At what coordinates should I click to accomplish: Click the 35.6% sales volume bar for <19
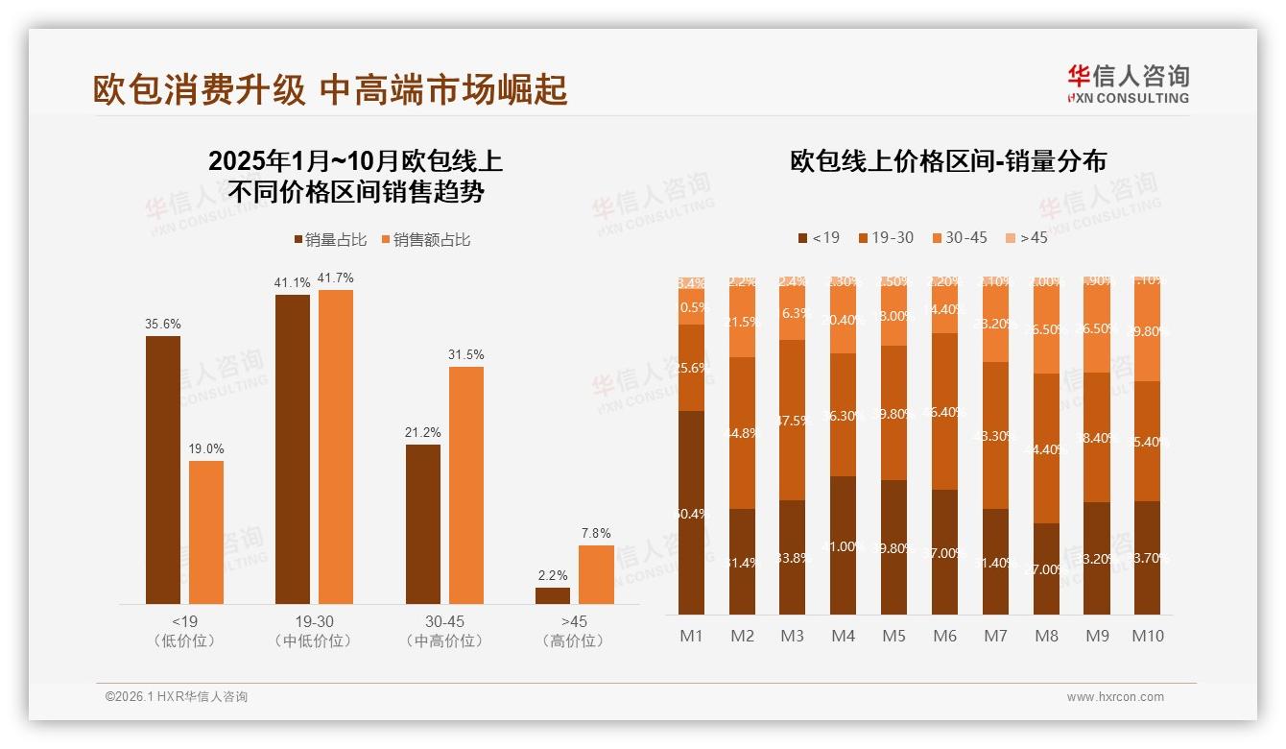click(163, 470)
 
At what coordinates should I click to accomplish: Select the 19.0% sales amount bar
click(206, 532)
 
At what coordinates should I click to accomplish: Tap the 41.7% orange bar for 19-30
click(336, 447)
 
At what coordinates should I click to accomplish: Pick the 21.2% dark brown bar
click(423, 523)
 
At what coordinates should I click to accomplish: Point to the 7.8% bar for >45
click(596, 574)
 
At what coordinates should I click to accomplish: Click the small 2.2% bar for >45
click(553, 595)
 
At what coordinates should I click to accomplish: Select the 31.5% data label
click(465, 355)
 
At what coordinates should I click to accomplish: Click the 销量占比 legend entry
click(329, 240)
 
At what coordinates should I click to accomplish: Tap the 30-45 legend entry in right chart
click(959, 237)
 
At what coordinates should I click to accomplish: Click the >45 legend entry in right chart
click(1026, 237)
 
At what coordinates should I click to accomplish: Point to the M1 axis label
click(691, 636)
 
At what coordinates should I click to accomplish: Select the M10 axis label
click(1148, 636)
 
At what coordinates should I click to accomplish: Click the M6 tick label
click(944, 636)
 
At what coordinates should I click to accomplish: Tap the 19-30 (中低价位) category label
click(313, 631)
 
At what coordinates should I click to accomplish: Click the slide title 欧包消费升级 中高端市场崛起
click(330, 89)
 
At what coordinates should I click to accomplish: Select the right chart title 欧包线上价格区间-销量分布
click(948, 160)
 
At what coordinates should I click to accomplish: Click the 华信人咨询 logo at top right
click(1128, 84)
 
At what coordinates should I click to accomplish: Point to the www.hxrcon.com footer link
click(1115, 697)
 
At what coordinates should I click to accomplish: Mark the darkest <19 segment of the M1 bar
click(691, 512)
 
